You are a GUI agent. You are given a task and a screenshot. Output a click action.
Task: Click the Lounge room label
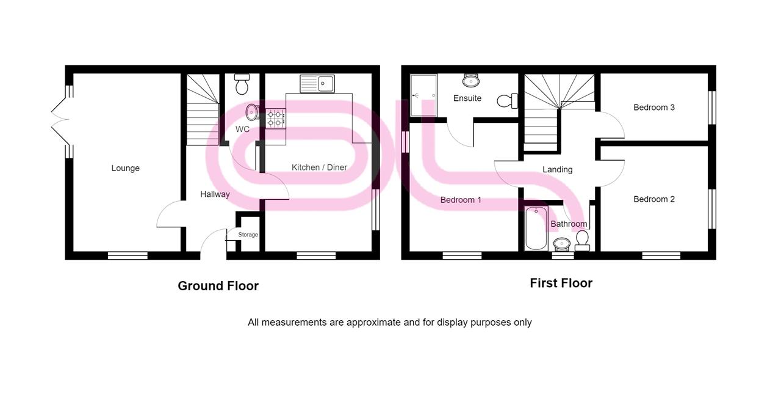[x=125, y=168]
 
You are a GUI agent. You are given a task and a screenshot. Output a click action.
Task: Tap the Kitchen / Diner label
[x=319, y=167]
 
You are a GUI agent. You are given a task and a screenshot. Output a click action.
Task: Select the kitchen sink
[x=317, y=83]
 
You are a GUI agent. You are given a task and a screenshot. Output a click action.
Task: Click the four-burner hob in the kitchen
[x=276, y=118]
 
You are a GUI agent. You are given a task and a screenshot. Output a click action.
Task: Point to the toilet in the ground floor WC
[x=242, y=85]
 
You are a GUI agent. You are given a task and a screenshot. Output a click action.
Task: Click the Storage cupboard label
[x=248, y=235]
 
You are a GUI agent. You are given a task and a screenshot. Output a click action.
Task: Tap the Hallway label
[x=215, y=194]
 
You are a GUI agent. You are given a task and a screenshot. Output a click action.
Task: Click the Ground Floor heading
[x=218, y=285]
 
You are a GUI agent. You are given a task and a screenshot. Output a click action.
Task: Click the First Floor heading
[x=561, y=283]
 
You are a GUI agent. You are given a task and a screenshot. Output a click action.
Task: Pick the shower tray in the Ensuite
[x=423, y=95]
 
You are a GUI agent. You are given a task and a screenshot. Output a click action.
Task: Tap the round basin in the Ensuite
[x=470, y=80]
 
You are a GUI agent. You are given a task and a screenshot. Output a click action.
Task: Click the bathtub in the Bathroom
[x=536, y=229]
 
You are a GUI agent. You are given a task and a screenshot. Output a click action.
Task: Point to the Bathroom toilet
[x=582, y=240]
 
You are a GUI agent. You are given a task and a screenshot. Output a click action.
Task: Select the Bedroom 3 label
[x=653, y=108]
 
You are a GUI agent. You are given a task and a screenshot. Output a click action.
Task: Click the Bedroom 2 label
[x=653, y=199]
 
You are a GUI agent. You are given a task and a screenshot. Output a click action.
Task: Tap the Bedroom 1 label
[x=461, y=200]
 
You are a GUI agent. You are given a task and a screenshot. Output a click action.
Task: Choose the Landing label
[x=557, y=169]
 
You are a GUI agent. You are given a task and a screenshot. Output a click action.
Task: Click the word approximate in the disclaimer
[x=373, y=322]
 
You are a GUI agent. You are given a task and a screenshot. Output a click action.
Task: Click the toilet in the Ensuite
[x=506, y=101]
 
